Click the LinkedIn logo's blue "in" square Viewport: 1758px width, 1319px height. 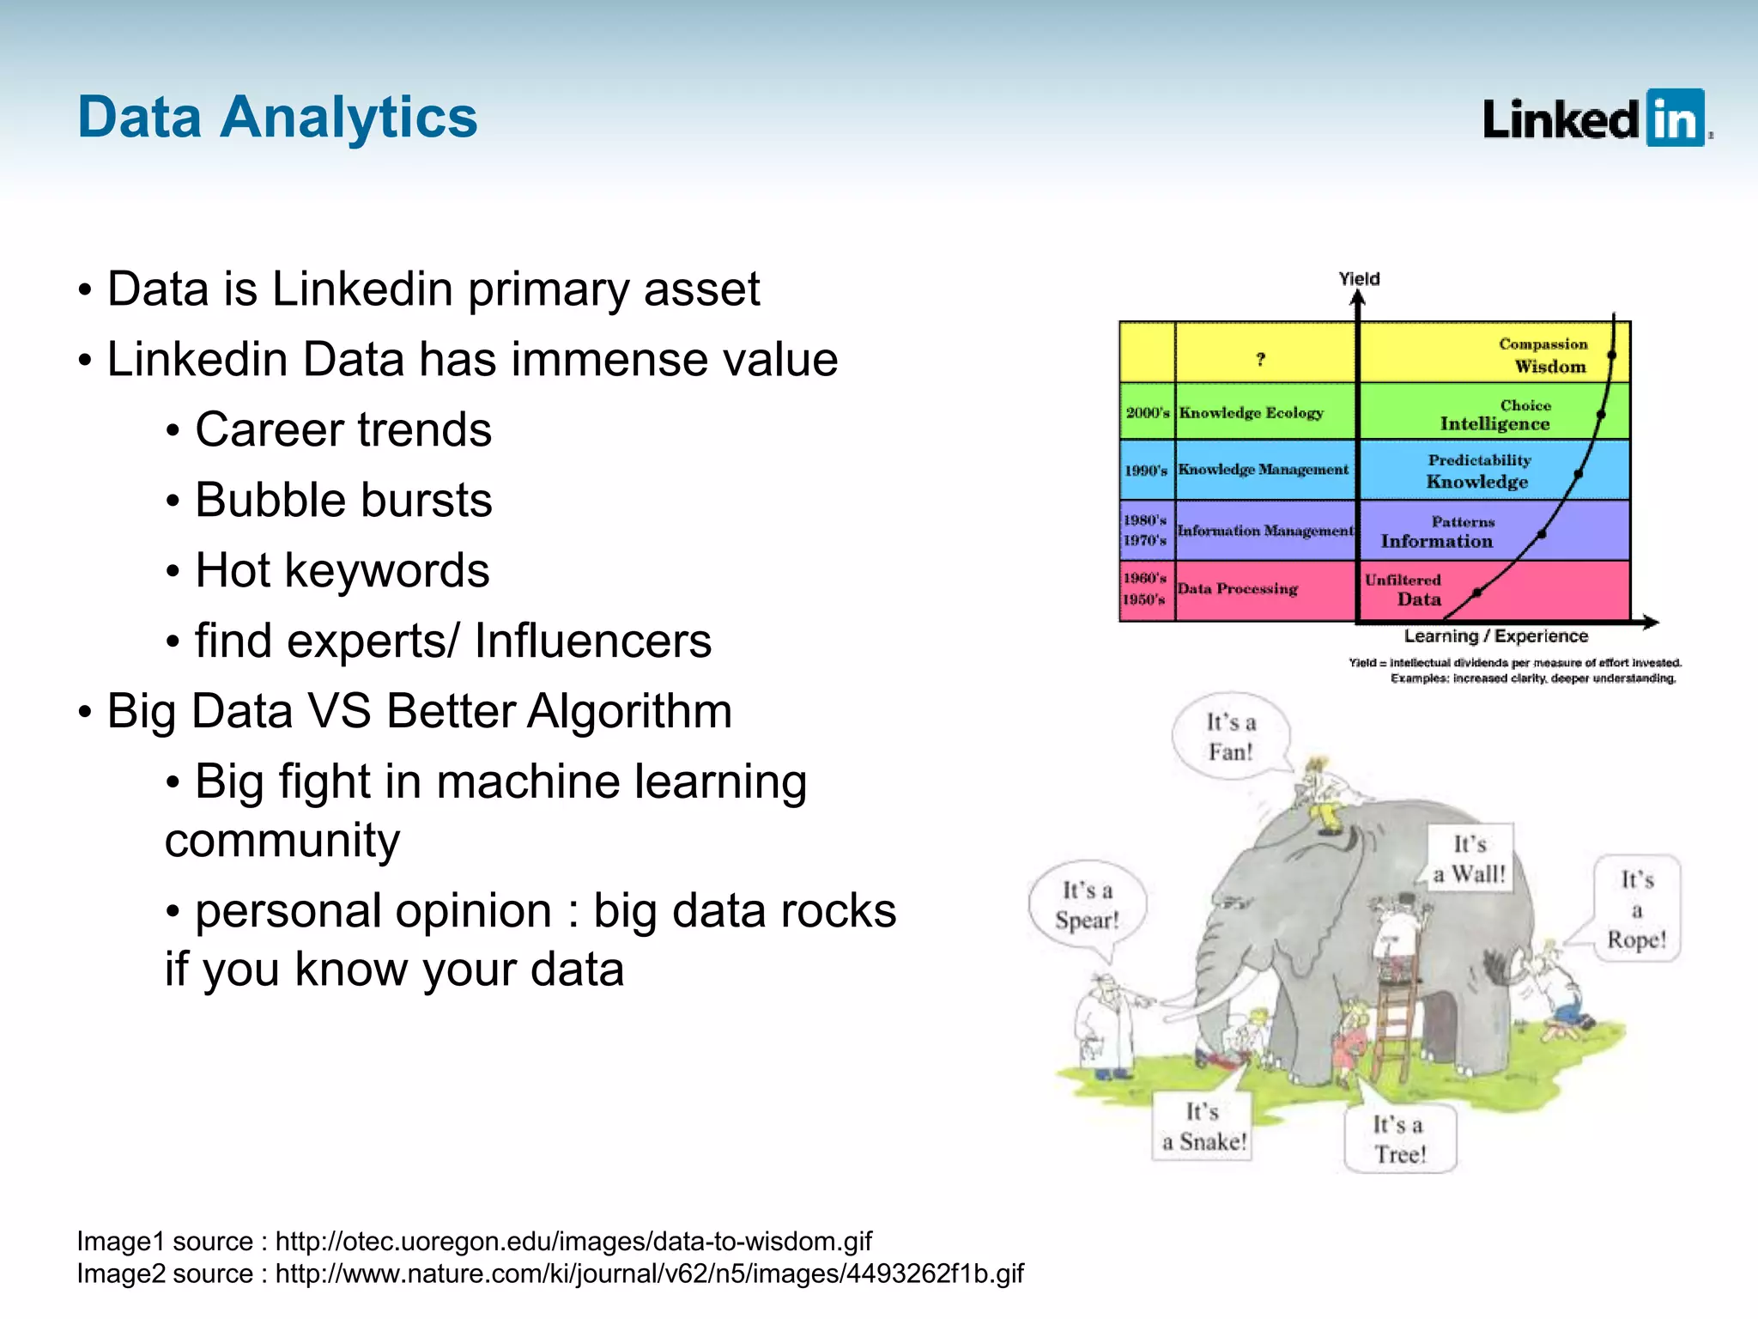pos(1675,119)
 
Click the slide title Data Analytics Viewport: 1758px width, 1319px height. pos(277,117)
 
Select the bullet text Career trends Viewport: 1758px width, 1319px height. pos(343,429)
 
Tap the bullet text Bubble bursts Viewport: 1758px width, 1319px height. pos(343,500)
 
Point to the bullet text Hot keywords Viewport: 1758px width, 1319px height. pos(342,570)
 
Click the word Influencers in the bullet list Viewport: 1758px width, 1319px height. pos(592,641)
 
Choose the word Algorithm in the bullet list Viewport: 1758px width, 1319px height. pos(628,711)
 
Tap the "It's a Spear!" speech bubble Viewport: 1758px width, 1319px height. pos(1087,905)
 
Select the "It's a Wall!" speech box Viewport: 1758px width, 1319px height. pos(1470,859)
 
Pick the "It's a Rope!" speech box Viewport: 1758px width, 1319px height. pos(1636,909)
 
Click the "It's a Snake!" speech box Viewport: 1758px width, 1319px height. pos(1203,1127)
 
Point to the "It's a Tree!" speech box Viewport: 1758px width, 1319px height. pos(1399,1139)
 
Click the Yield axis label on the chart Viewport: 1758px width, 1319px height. pos(1359,278)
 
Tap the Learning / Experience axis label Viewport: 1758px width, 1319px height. pos(1495,636)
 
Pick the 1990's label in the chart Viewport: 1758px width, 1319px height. pos(1146,471)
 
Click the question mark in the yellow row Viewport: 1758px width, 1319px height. pos(1260,359)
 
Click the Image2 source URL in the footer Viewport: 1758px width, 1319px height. pos(649,1273)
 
